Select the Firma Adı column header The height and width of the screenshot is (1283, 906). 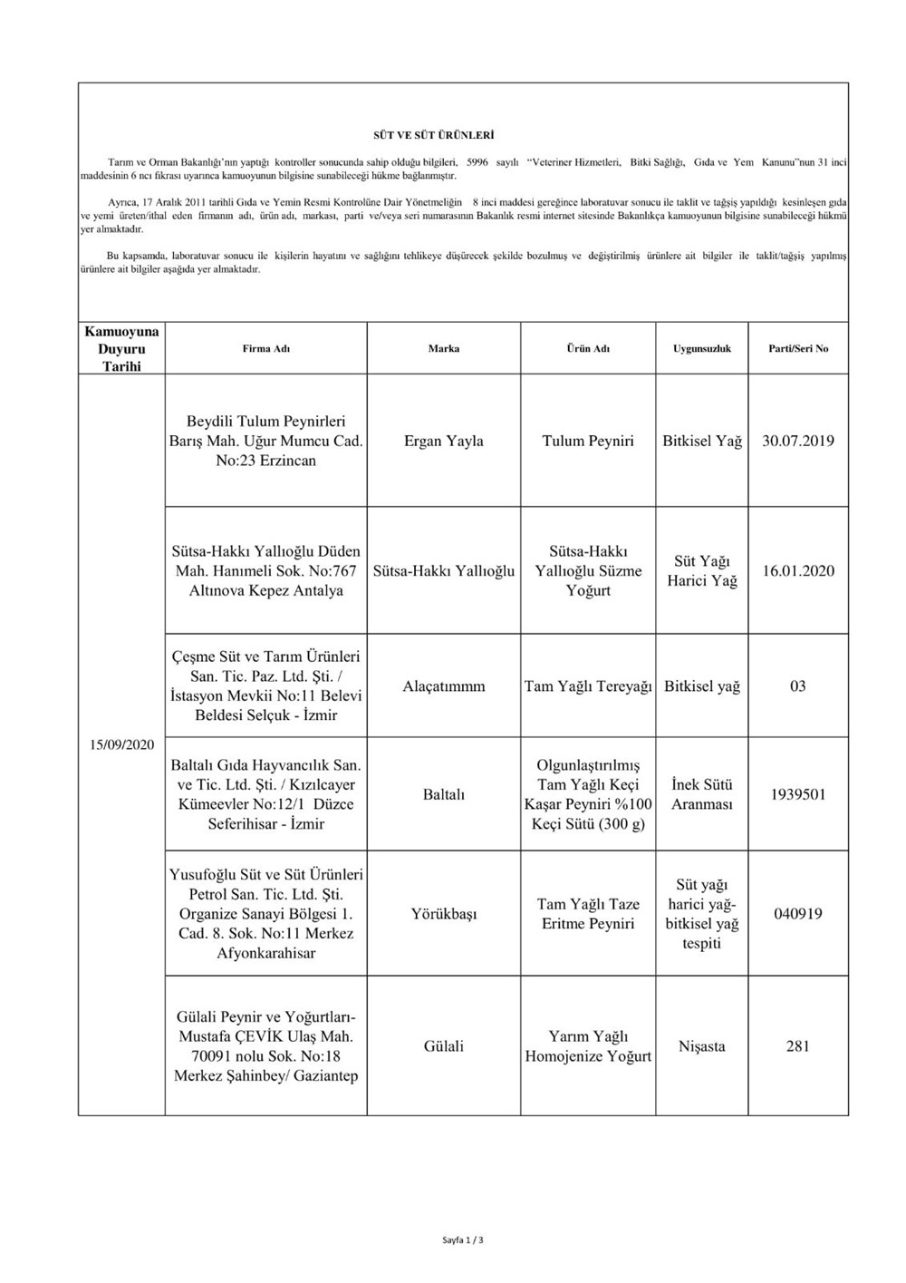266,348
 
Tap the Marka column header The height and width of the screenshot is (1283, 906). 443,348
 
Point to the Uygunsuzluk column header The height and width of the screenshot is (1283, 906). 701,348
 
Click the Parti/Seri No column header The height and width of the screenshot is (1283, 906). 798,348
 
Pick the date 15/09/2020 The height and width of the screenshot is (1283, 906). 121,744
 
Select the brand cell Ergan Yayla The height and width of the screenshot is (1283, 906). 443,442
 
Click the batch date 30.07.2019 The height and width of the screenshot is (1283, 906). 798,442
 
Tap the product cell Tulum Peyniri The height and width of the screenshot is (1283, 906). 588,442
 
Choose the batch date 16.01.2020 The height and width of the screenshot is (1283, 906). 798,571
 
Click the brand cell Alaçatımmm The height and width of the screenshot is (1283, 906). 443,686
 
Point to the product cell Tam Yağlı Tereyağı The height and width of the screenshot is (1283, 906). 588,686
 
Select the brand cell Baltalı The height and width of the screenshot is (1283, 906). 443,794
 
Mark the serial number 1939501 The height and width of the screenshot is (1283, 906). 798,794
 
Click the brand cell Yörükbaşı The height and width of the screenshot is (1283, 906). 443,914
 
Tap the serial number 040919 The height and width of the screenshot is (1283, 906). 798,914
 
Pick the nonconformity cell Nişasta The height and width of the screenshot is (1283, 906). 701,1046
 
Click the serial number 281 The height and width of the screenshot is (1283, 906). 798,1046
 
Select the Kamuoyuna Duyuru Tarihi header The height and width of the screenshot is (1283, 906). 121,349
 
